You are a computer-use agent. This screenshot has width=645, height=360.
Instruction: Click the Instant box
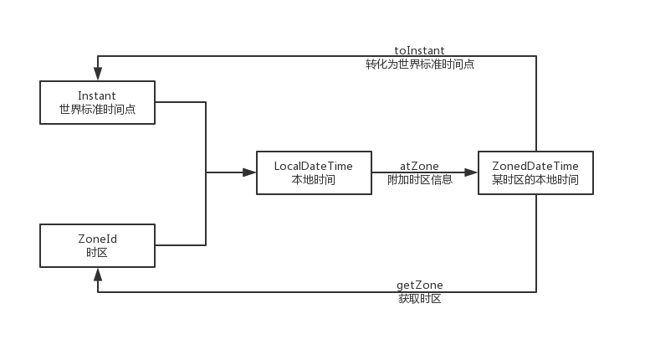(97, 102)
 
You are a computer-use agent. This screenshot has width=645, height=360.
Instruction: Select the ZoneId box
(97, 245)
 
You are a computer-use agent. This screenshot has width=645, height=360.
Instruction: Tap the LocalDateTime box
(314, 172)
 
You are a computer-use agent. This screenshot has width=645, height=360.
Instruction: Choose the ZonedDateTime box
(535, 172)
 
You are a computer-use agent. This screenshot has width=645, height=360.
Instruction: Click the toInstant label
(419, 51)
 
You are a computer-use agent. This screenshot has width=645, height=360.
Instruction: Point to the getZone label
(419, 285)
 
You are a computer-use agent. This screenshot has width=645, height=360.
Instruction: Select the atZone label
(419, 167)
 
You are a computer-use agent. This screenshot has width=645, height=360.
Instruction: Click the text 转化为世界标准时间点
(419, 64)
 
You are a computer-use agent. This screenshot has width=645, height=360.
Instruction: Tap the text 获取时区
(419, 299)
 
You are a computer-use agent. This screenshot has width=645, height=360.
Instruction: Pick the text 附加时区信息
(419, 179)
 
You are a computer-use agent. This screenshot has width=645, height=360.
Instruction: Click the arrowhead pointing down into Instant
(98, 74)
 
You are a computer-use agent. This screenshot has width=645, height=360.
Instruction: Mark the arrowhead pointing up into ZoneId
(98, 275)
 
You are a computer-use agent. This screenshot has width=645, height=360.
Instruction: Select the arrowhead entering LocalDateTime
(249, 172)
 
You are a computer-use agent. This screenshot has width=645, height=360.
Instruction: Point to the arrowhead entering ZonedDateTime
(471, 172)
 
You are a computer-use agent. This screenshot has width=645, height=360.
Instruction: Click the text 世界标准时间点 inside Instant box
(97, 110)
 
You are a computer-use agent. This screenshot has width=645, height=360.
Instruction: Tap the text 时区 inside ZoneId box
(97, 252)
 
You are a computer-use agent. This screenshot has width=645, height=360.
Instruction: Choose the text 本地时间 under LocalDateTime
(314, 179)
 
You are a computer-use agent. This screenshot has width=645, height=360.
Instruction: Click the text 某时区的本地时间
(535, 179)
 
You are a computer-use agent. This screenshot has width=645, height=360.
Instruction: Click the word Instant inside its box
(97, 96)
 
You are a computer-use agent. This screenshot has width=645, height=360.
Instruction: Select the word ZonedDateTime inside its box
(535, 167)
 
